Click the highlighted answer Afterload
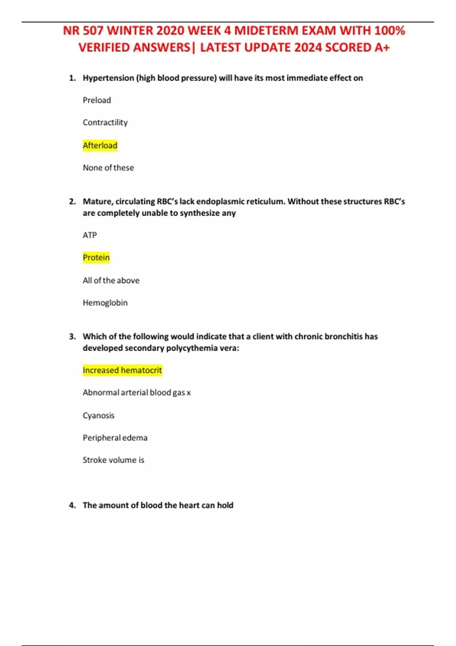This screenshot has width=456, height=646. (x=100, y=146)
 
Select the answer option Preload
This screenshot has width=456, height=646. (x=97, y=100)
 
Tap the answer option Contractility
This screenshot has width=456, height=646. (x=105, y=123)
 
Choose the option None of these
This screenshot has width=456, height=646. (x=108, y=168)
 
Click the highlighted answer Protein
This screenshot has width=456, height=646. (x=96, y=258)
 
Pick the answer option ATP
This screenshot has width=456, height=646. (x=90, y=235)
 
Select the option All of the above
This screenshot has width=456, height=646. (x=111, y=280)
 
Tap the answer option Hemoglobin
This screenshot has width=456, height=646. (x=105, y=303)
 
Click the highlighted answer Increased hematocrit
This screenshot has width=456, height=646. (x=122, y=370)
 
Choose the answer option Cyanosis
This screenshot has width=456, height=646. (x=98, y=415)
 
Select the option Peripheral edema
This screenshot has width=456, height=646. (x=115, y=438)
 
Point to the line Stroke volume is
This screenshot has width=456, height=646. (x=114, y=460)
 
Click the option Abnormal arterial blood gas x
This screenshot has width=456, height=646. (x=137, y=393)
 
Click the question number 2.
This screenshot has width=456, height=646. (x=72, y=201)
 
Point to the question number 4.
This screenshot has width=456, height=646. (x=72, y=505)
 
